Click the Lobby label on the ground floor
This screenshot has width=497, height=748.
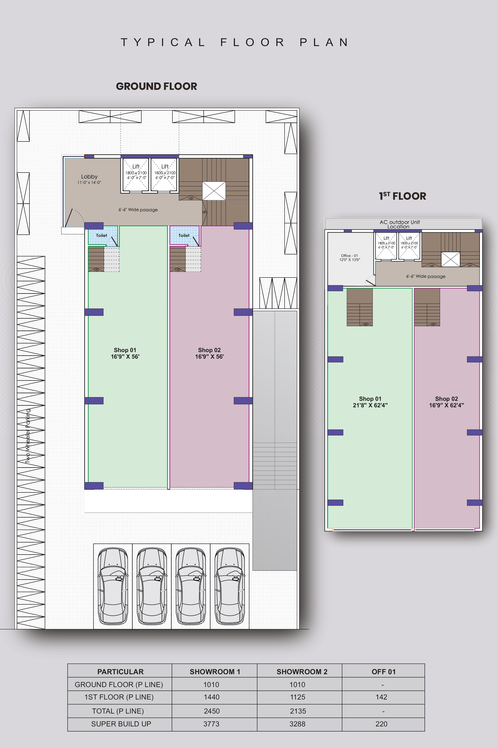[x=89, y=177]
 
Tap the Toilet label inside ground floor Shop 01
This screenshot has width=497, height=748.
[x=101, y=236]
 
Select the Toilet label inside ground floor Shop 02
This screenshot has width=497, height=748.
[x=184, y=236]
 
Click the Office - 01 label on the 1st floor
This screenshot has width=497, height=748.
[x=350, y=256]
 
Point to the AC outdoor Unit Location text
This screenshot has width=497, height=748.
[x=399, y=224]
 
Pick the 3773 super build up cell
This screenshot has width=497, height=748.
[x=211, y=724]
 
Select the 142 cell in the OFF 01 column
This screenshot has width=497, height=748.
[x=381, y=697]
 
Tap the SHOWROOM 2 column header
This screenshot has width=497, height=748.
[x=302, y=672]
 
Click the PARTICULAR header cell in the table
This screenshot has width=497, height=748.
[x=120, y=672]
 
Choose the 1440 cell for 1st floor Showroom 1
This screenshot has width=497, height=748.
[x=211, y=697]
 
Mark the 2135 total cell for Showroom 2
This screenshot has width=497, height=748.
[x=298, y=711]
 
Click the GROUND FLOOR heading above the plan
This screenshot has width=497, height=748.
[x=156, y=86]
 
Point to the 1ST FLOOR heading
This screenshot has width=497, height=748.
[x=403, y=196]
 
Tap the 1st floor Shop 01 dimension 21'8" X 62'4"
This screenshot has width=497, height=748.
[x=370, y=405]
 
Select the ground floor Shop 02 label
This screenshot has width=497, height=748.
[x=209, y=350]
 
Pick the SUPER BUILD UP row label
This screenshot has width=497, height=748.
[x=121, y=724]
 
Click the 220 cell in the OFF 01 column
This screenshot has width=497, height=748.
[x=381, y=724]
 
